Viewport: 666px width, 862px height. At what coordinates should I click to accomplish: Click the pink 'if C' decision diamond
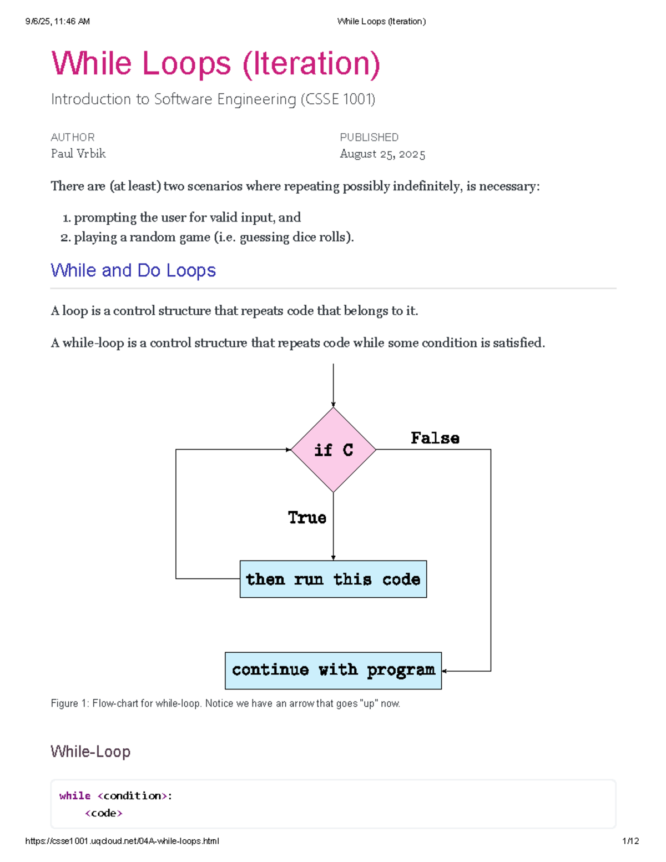(x=333, y=450)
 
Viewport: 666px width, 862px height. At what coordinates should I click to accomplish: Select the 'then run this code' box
(x=333, y=579)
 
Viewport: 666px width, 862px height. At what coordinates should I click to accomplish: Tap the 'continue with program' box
(x=333, y=671)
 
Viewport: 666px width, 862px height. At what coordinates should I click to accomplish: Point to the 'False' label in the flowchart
(x=435, y=438)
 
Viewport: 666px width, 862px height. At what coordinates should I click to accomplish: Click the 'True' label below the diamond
(x=307, y=517)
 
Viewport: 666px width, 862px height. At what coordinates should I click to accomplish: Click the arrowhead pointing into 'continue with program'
(x=445, y=671)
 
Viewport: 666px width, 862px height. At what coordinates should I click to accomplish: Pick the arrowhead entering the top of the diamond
(x=333, y=405)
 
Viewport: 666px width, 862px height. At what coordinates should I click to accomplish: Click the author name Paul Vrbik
(x=78, y=154)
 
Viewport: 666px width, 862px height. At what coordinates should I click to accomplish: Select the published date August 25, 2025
(x=382, y=154)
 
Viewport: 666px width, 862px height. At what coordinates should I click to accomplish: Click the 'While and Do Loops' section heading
(x=133, y=270)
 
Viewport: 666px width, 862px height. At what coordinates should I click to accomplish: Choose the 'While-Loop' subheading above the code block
(x=90, y=752)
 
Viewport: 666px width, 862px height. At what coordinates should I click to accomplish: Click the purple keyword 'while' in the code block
(x=75, y=795)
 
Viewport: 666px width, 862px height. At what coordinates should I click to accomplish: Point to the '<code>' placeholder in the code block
(x=104, y=813)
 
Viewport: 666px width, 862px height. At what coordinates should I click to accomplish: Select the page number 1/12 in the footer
(x=630, y=841)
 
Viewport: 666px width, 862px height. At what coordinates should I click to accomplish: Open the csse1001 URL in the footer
(x=122, y=841)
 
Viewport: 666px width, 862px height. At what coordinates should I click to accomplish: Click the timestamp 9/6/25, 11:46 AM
(x=58, y=22)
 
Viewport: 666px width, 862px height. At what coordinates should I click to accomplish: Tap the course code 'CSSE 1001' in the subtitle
(x=338, y=99)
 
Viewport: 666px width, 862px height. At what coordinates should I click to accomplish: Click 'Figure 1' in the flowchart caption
(x=69, y=704)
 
